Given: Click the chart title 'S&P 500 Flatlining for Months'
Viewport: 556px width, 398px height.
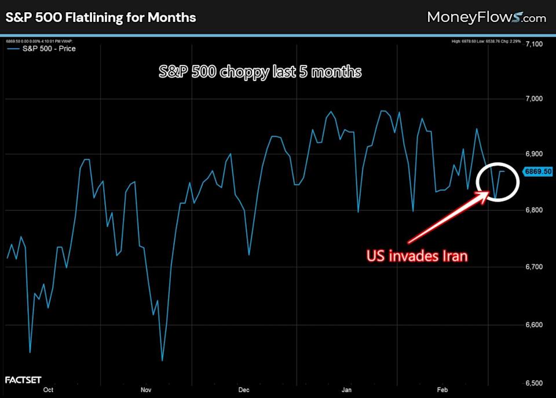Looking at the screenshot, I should point(101,17).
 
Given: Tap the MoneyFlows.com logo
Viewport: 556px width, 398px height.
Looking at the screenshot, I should point(486,17).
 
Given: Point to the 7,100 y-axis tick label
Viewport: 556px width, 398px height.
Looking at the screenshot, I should point(535,44).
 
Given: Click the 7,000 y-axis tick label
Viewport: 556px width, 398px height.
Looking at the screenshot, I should point(535,99).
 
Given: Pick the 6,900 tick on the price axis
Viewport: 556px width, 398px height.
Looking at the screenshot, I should point(535,154).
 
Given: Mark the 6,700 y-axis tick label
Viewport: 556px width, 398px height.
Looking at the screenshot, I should point(535,266).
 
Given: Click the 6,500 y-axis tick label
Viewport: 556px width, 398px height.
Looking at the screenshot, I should point(535,383).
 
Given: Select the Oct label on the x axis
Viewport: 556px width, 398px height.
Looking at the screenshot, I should point(49,390).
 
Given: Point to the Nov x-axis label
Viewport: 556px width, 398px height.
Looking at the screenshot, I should point(147,390).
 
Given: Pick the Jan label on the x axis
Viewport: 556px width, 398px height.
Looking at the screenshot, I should point(347,390).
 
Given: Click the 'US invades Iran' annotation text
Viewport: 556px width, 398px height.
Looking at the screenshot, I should point(416,255).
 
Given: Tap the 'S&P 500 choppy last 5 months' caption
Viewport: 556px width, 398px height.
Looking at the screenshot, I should point(260,72).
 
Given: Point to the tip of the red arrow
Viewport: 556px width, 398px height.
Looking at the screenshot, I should point(488,192).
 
